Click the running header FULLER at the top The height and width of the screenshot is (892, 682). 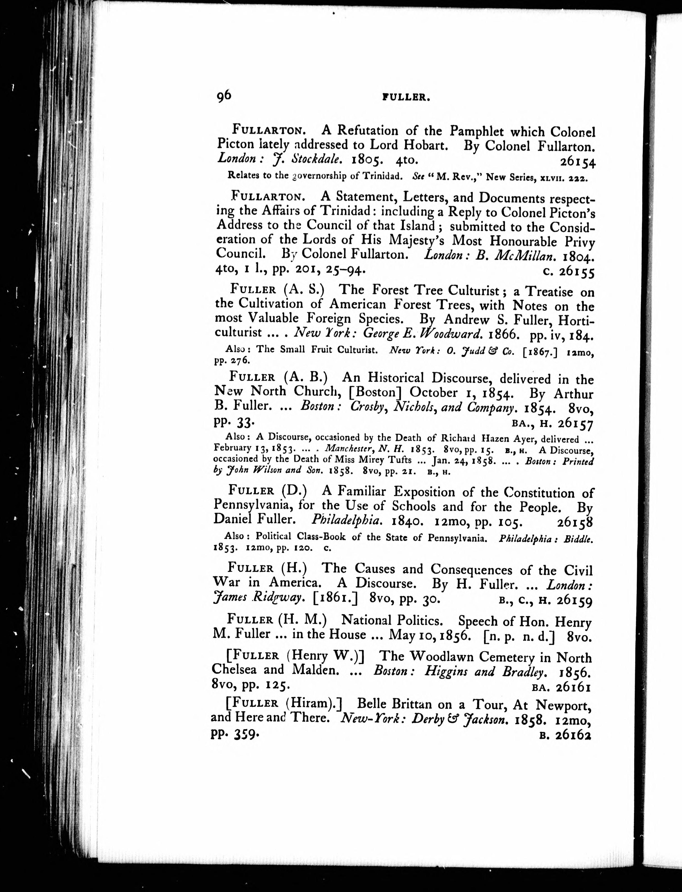point(406,97)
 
